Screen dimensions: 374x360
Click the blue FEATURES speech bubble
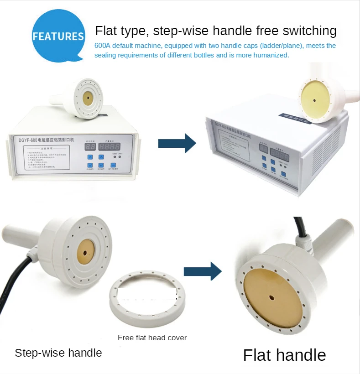[x=58, y=37]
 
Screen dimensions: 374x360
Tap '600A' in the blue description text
[x=103, y=46]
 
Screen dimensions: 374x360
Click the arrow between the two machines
[x=177, y=143]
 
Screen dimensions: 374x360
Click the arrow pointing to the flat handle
[x=202, y=272]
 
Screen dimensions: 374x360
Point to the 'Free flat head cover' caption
[x=152, y=338]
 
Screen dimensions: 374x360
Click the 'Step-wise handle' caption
[x=58, y=353]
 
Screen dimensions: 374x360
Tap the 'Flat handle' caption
[x=284, y=355]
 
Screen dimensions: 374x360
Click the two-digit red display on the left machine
[x=90, y=147]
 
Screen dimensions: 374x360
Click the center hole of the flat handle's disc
[x=272, y=298]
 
